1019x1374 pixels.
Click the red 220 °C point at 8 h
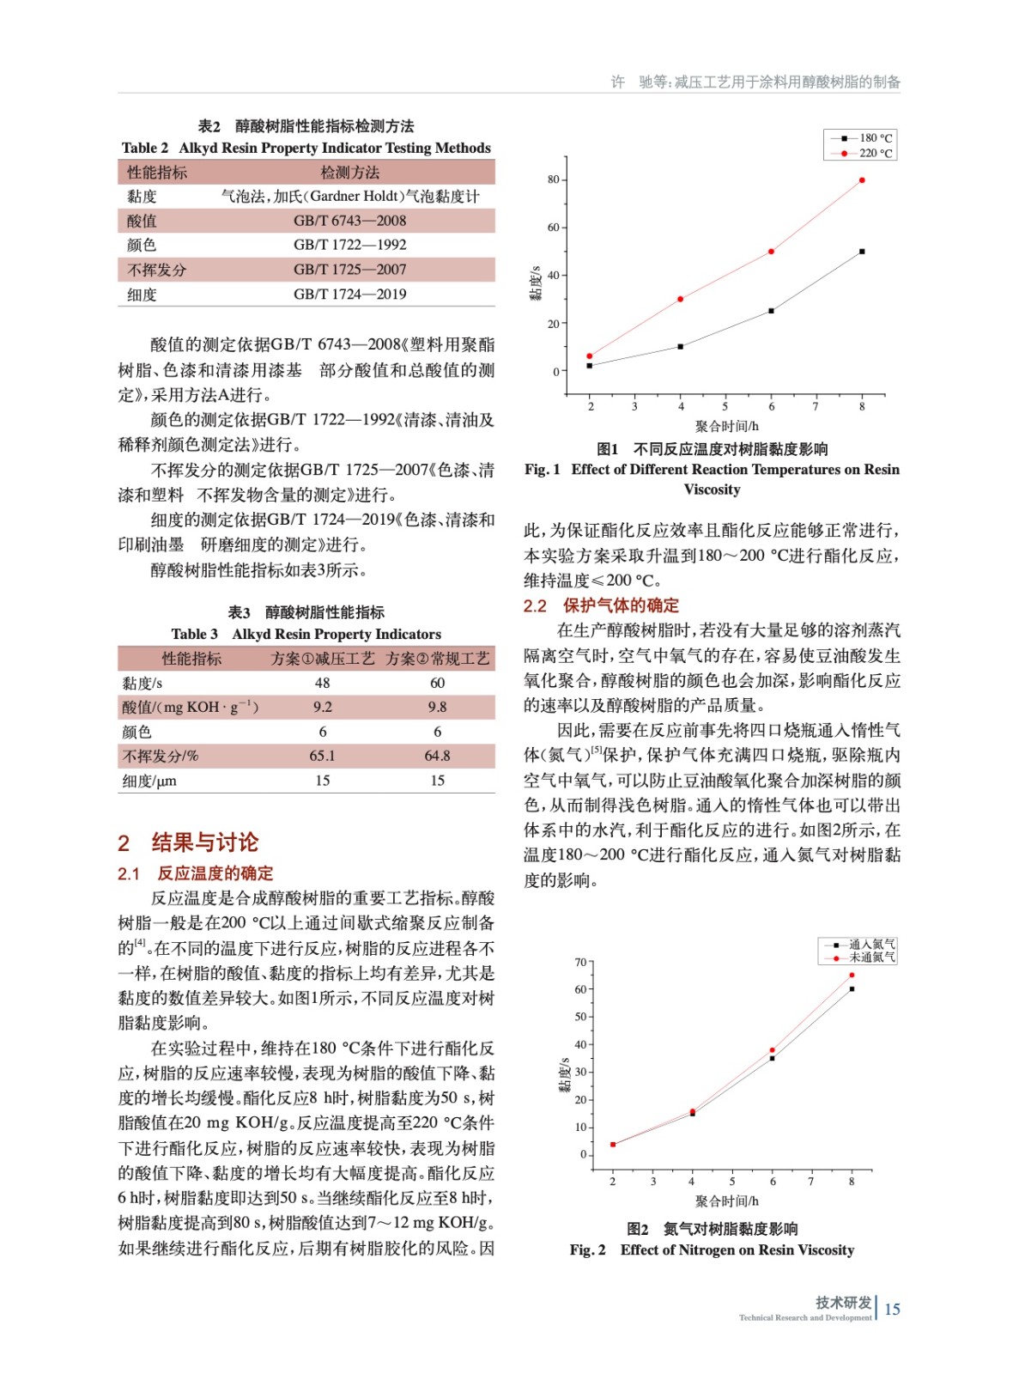tap(862, 180)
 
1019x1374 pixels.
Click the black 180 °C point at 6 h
tap(771, 311)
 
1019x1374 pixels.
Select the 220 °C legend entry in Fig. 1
tap(862, 154)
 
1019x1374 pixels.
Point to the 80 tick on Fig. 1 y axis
tap(554, 179)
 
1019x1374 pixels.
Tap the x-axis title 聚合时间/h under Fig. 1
tap(726, 426)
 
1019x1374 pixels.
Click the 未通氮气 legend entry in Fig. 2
tap(861, 958)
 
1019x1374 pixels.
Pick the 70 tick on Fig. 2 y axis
tap(581, 962)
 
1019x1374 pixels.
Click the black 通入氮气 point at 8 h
tap(852, 989)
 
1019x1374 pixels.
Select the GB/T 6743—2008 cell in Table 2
tap(349, 221)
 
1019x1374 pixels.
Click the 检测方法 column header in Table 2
tap(349, 173)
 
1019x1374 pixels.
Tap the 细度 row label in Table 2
tap(143, 295)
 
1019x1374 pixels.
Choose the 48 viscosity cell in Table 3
tap(322, 683)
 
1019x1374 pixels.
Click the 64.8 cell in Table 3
tap(437, 756)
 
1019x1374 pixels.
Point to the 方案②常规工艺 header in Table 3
tap(437, 659)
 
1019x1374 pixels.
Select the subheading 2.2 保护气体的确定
tap(601, 605)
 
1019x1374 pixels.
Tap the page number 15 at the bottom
tap(892, 1310)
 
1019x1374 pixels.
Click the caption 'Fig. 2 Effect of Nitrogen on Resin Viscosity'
tap(712, 1250)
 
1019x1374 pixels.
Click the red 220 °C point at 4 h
tap(680, 299)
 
